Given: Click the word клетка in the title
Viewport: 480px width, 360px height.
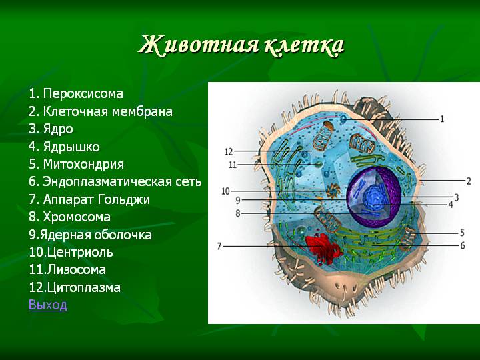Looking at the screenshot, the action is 304,45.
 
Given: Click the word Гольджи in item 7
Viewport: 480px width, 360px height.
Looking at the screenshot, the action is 124,199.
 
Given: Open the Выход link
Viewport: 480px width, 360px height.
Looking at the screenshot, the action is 48,305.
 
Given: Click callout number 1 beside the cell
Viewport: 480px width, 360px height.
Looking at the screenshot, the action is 442,119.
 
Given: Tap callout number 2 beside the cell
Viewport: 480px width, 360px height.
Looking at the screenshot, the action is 469,181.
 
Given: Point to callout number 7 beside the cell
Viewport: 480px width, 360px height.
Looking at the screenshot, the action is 219,246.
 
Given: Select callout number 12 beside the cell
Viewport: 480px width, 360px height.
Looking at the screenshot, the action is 229,151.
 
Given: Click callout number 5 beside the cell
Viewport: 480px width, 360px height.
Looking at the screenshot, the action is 462,233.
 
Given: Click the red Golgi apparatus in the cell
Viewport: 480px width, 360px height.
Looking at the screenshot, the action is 323,249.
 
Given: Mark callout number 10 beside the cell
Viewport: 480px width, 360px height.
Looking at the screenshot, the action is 225,191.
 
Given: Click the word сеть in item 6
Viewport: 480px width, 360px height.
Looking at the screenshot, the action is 189,182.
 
